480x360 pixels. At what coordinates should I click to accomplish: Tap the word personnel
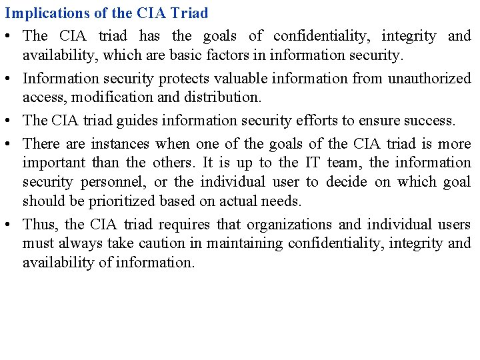pyautogui.click(x=108, y=182)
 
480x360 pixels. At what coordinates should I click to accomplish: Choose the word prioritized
pyautogui.click(x=109, y=201)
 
